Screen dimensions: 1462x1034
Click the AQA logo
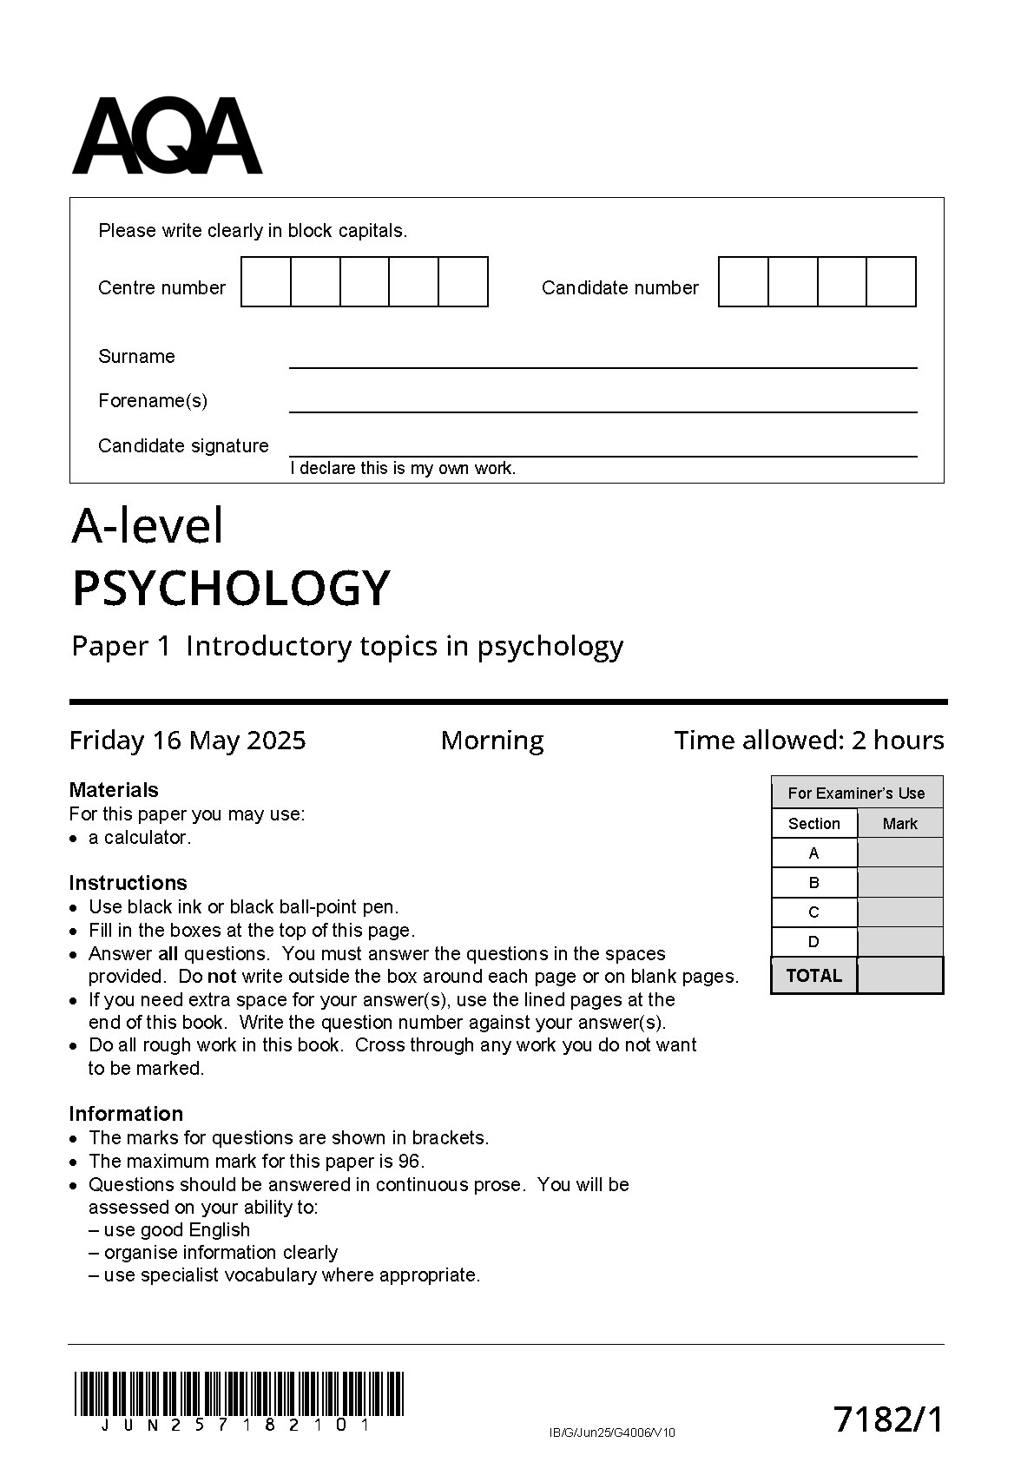(167, 136)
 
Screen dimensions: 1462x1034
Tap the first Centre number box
(266, 282)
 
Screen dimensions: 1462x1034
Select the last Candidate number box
(892, 282)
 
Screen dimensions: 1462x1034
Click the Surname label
(136, 357)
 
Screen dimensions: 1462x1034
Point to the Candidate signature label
(183, 446)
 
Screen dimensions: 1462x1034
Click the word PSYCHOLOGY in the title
(231, 589)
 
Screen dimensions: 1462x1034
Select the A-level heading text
(148, 526)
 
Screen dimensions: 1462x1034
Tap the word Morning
(492, 741)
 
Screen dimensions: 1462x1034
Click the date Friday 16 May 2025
(188, 741)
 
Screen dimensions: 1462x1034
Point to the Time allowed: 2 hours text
(809, 741)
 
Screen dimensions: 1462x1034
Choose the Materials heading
(114, 790)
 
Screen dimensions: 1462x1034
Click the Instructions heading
(128, 883)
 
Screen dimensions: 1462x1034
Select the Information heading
(126, 1114)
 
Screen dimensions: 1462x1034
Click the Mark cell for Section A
(899, 853)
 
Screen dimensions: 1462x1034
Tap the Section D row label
(813, 942)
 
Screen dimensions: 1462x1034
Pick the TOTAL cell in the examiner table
(813, 976)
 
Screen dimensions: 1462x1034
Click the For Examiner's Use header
(856, 794)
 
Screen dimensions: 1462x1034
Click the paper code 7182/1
(887, 1420)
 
